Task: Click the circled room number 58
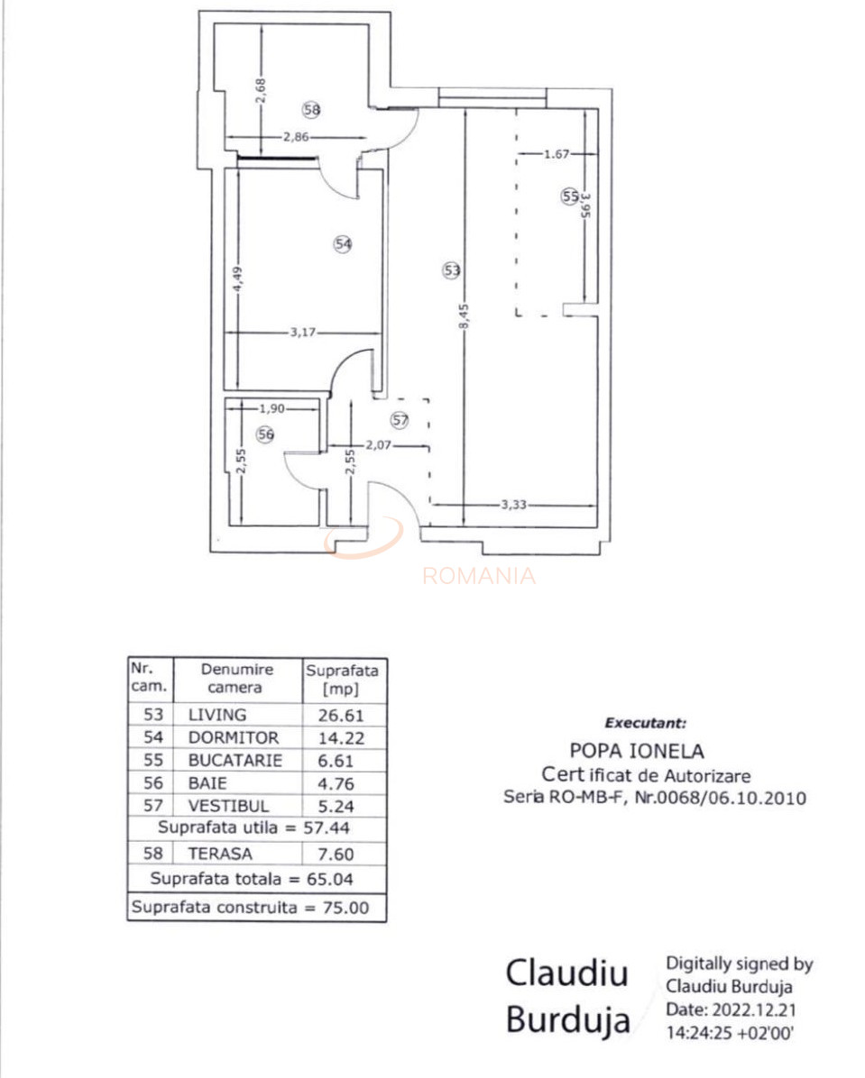[x=312, y=109]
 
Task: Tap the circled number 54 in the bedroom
[x=342, y=243]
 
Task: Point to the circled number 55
[x=569, y=196]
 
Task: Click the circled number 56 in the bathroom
[x=264, y=434]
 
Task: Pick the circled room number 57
[x=400, y=419]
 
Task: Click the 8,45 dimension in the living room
[x=465, y=317]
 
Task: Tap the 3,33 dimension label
[x=513, y=505]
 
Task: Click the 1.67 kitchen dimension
[x=557, y=154]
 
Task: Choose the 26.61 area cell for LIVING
[x=342, y=715]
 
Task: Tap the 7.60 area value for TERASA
[x=342, y=854]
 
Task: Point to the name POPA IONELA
[x=637, y=750]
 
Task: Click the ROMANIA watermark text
[x=479, y=576]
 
